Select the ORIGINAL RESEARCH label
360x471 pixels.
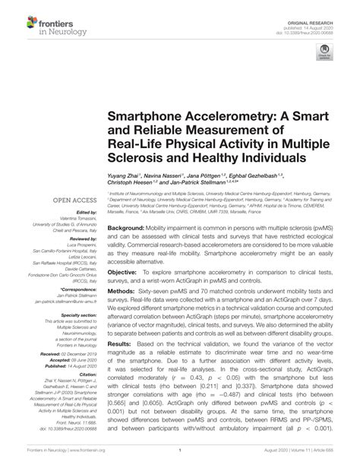(x=325, y=10)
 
